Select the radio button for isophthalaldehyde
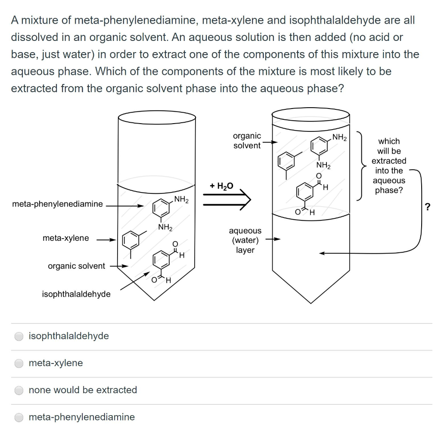(19, 336)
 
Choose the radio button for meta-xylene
(19, 363)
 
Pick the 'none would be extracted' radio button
(19, 391)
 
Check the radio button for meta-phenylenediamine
(19, 417)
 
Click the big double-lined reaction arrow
(226, 199)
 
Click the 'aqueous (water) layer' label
(245, 240)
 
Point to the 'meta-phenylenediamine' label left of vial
(57, 204)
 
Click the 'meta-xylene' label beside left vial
(65, 238)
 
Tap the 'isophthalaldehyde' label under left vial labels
(76, 294)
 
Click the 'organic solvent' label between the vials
(247, 141)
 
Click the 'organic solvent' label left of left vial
(76, 266)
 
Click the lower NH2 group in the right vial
(323, 166)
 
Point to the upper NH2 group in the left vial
(181, 199)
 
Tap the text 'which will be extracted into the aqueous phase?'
(388, 166)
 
